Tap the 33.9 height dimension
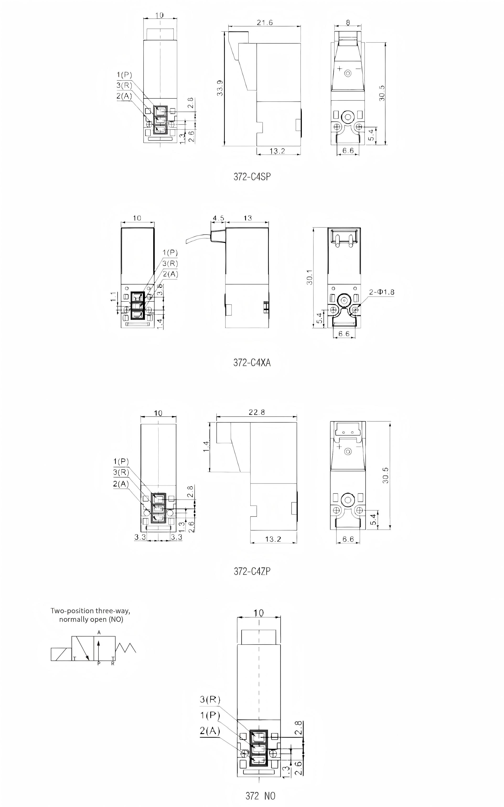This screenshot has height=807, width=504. (x=220, y=89)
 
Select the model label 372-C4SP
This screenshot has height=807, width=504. (x=252, y=177)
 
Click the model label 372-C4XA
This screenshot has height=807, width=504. (x=252, y=362)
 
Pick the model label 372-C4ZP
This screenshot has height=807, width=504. (x=252, y=571)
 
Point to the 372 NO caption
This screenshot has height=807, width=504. (x=260, y=796)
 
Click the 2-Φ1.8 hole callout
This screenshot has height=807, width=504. (x=381, y=292)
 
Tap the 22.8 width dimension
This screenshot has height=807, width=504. (x=257, y=412)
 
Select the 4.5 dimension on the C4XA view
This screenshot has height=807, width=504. (x=218, y=218)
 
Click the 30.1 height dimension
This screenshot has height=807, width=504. (x=310, y=277)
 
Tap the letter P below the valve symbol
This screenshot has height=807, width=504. (x=99, y=663)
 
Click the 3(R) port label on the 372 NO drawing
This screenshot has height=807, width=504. (x=210, y=699)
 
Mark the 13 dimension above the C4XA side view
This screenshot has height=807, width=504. (x=248, y=218)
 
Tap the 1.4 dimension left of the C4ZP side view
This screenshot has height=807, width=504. (x=206, y=447)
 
